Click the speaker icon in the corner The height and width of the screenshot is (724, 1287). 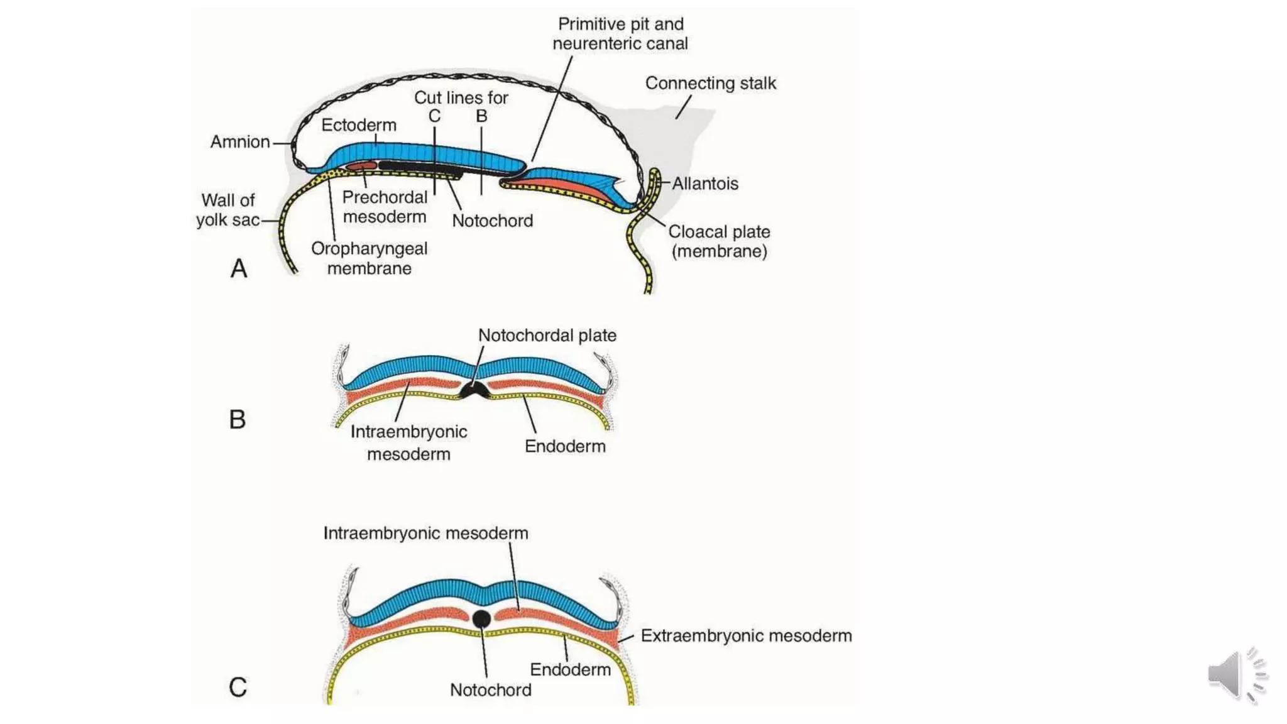1235,675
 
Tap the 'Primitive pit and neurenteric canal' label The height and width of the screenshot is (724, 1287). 620,34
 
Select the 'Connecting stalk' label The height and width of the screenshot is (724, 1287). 710,83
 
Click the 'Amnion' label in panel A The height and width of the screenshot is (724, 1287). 239,142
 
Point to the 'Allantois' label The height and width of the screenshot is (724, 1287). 704,184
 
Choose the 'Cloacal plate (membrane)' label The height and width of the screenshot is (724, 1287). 719,241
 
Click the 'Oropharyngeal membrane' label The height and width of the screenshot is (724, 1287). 369,258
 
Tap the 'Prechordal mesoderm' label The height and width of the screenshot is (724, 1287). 385,207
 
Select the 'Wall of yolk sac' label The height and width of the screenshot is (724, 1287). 227,210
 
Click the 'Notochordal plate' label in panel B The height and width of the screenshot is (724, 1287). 547,336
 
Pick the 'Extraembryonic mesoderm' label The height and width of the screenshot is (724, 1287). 746,636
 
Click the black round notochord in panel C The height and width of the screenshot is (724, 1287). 481,619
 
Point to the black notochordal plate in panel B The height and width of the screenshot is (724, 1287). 475,391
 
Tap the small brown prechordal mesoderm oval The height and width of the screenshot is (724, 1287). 361,166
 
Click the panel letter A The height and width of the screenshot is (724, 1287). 239,269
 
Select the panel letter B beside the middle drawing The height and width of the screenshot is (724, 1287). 238,420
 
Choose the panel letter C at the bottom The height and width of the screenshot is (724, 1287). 238,687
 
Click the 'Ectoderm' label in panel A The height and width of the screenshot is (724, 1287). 358,125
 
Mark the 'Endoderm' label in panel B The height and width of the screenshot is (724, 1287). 565,446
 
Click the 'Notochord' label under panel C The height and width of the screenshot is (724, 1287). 490,690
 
